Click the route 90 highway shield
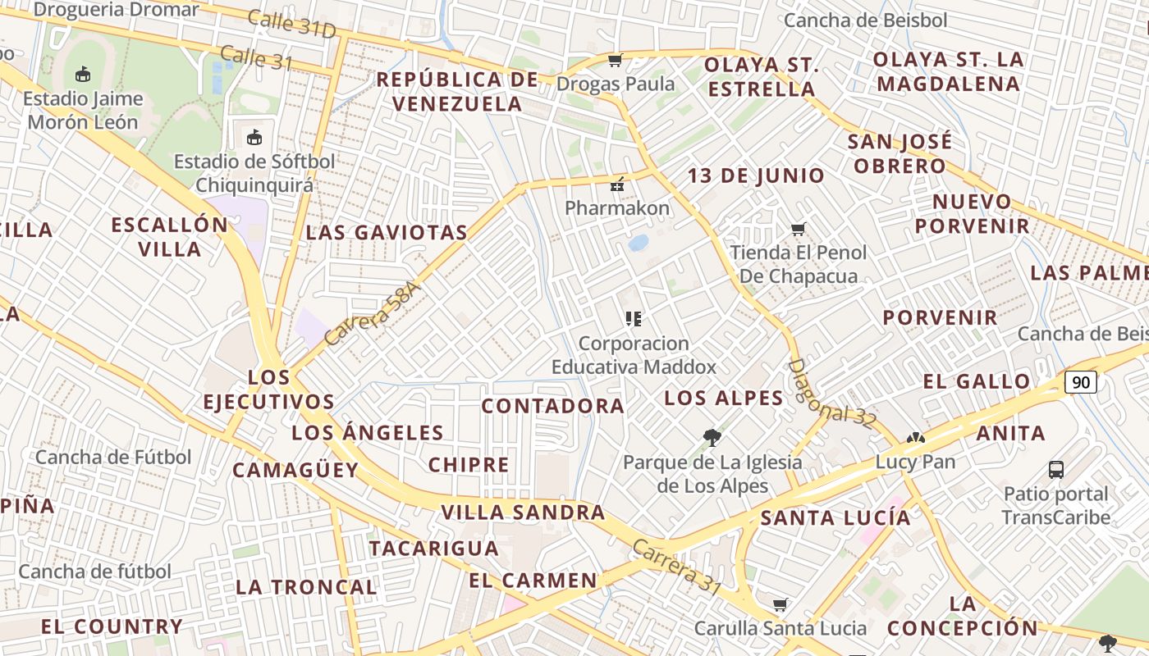tap(1081, 382)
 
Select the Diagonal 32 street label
tap(831, 394)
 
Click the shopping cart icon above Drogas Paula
tap(615, 60)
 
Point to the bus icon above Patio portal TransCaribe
tap(1056, 470)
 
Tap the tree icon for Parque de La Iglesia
tap(712, 438)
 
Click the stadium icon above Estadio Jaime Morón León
tap(82, 75)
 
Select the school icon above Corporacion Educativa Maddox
tap(633, 318)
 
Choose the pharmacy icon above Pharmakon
tap(617, 184)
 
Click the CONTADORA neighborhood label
tap(552, 406)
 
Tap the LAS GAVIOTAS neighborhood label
tap(387, 233)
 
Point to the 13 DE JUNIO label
tap(756, 175)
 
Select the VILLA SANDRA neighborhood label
tap(523, 513)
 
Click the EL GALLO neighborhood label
tap(977, 381)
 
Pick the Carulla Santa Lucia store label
tap(780, 628)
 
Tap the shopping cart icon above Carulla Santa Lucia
tap(780, 605)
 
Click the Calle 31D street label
tap(292, 25)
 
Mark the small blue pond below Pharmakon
tap(638, 243)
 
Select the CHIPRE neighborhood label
tap(469, 465)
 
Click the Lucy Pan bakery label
tap(915, 462)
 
